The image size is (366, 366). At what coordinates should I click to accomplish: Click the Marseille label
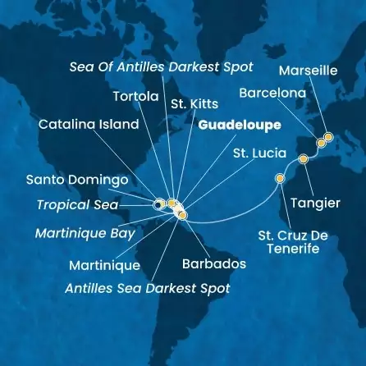click(309, 71)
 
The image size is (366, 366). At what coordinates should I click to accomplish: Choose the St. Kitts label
click(190, 103)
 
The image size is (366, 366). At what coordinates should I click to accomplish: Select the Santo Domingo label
click(65, 179)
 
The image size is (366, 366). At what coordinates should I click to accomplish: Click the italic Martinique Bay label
click(85, 233)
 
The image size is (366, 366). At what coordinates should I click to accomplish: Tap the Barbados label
click(213, 265)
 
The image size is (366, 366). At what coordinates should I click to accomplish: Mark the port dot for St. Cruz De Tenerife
click(281, 178)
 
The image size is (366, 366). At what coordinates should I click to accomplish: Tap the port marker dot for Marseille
click(328, 137)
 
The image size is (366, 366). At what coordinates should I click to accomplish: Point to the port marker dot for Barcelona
click(321, 143)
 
